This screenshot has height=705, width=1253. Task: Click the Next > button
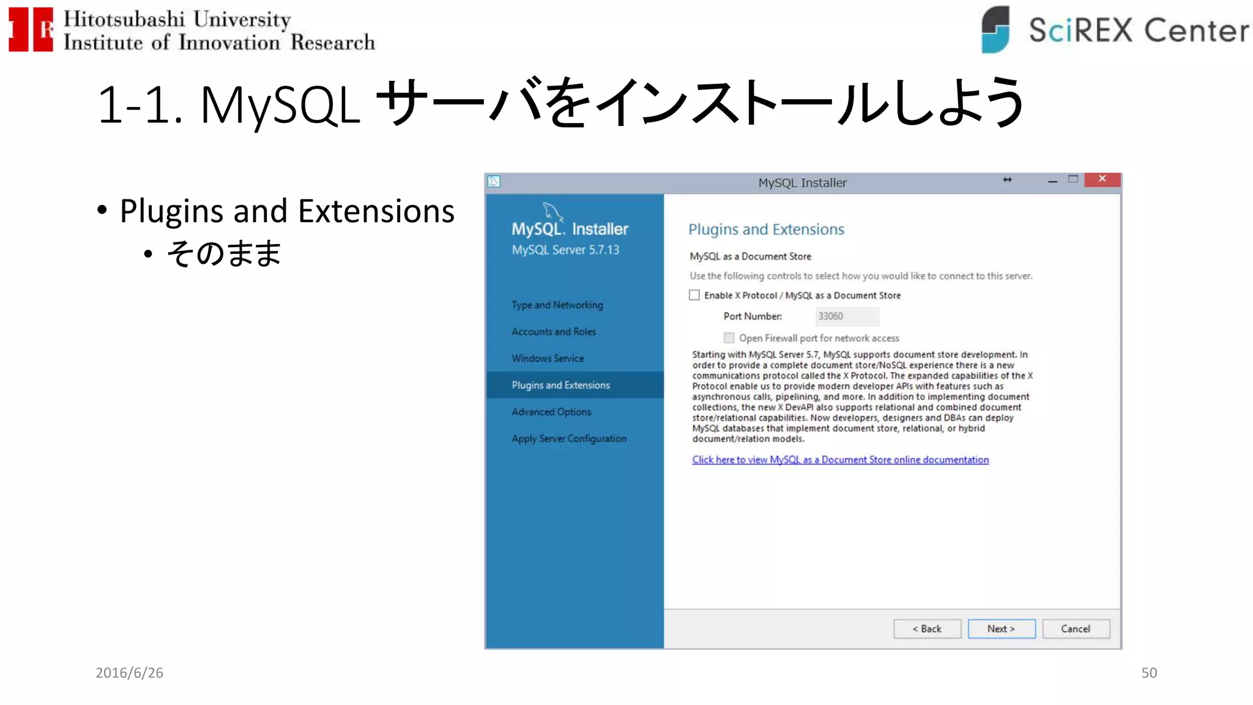point(1001,629)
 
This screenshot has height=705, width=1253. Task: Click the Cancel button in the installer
point(1076,629)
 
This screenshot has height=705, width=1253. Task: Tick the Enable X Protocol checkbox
point(694,295)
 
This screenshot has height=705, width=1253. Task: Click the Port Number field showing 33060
point(847,316)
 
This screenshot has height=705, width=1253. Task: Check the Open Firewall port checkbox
point(729,338)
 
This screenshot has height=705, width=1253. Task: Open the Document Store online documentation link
point(840,460)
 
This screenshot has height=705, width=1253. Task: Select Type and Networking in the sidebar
point(557,305)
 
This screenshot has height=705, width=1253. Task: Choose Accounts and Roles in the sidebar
point(553,332)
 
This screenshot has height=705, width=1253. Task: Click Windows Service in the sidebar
point(548,358)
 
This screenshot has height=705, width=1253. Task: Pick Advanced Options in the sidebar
point(551,412)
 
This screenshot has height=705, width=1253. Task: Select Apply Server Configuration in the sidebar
point(568,439)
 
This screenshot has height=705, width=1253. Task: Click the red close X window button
point(1102,179)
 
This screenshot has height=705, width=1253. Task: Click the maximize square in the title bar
point(1073,179)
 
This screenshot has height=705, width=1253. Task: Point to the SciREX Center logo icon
point(995,29)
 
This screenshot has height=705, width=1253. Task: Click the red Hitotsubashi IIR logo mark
point(31,29)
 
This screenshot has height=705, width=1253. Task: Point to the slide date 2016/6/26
point(129,673)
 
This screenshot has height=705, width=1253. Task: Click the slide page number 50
point(1149,673)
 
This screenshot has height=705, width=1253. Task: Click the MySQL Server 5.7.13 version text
point(565,250)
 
